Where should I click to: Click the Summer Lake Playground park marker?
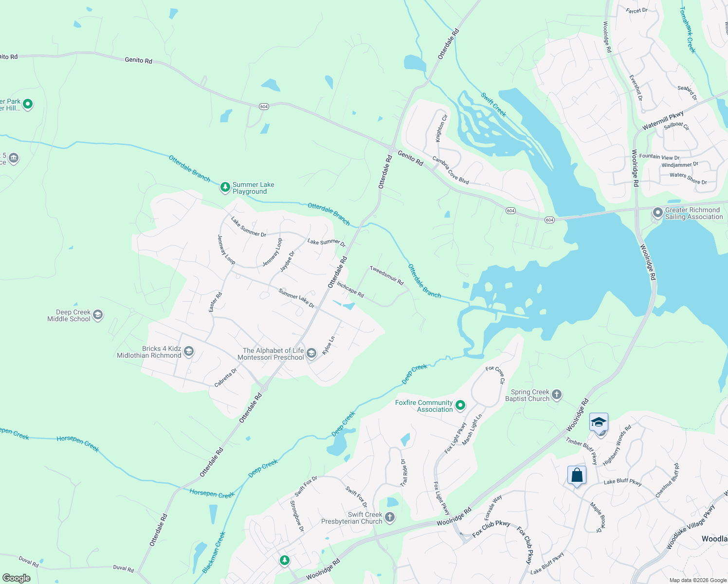(225, 187)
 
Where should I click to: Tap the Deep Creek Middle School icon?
(97, 315)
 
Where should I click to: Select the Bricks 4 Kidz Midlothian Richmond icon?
(189, 351)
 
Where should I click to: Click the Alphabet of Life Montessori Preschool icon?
(311, 353)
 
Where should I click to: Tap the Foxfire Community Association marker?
(460, 405)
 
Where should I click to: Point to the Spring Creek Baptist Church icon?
(557, 395)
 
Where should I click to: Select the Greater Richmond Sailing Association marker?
(657, 213)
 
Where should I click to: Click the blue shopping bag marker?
(577, 475)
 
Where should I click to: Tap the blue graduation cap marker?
(599, 422)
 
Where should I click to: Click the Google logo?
(16, 578)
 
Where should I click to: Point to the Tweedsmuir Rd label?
(387, 275)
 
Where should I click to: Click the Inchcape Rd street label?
(350, 290)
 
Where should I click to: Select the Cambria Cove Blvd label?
(451, 170)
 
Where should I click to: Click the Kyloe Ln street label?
(329, 345)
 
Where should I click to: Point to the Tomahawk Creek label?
(688, 30)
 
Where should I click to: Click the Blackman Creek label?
(214, 552)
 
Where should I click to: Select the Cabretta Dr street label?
(226, 378)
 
